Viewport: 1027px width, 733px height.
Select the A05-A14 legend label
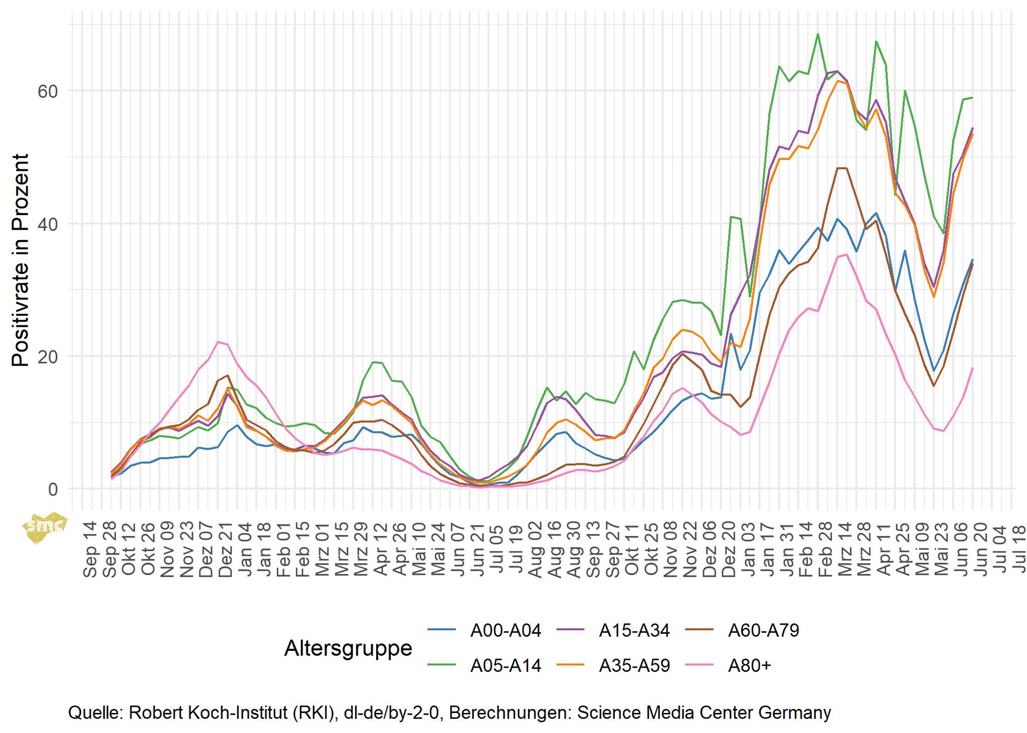pos(505,665)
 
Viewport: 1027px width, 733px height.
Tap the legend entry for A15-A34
pos(634,630)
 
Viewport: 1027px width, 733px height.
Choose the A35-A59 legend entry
pos(634,665)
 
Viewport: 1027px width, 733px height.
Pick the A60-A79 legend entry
pos(763,630)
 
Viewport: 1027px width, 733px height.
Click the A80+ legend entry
pos(749,665)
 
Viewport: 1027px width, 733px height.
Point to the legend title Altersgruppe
pos(348,648)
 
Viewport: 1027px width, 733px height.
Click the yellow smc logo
pos(44,526)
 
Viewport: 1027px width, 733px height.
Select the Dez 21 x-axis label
pos(225,549)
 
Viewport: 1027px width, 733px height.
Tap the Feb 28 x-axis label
pos(825,549)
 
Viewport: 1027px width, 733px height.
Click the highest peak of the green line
pos(818,34)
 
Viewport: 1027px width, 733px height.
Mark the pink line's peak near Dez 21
pos(218,342)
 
